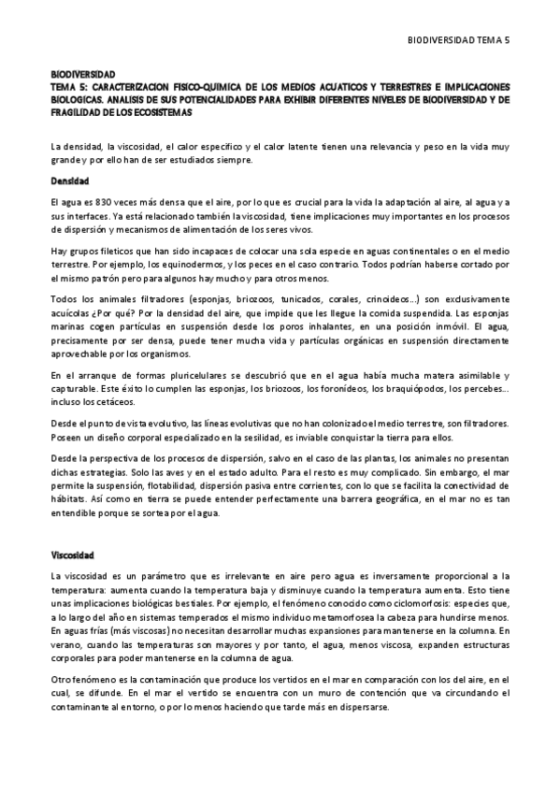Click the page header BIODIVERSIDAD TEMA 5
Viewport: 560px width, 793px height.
(x=460, y=40)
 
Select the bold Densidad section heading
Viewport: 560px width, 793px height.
(x=70, y=180)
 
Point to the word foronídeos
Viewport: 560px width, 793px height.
(x=320, y=389)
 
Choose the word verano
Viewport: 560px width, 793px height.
(x=65, y=643)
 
